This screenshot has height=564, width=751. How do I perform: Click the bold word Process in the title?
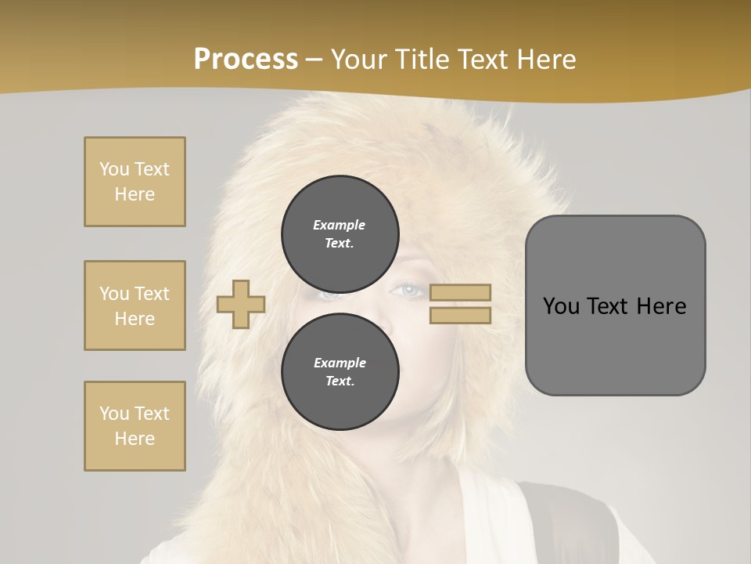tap(246, 60)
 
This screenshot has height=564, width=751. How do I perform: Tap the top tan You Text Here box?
tap(135, 182)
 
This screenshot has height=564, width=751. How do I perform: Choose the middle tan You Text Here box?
tap(135, 305)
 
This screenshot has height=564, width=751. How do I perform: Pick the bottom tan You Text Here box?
tap(135, 426)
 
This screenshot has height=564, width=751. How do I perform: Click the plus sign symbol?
tap(241, 304)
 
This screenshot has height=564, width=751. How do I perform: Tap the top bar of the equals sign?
tap(460, 292)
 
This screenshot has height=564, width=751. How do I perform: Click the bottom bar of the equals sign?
tap(460, 315)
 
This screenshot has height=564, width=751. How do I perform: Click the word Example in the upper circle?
tap(339, 225)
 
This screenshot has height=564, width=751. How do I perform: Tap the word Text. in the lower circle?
tap(340, 381)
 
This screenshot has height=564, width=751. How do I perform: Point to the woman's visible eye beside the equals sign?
tap(408, 291)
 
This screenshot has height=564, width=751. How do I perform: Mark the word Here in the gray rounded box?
tap(661, 306)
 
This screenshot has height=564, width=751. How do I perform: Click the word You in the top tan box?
tap(113, 169)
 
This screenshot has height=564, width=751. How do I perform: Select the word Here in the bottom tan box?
tap(135, 439)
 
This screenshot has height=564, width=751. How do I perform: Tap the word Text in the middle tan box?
tap(151, 294)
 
